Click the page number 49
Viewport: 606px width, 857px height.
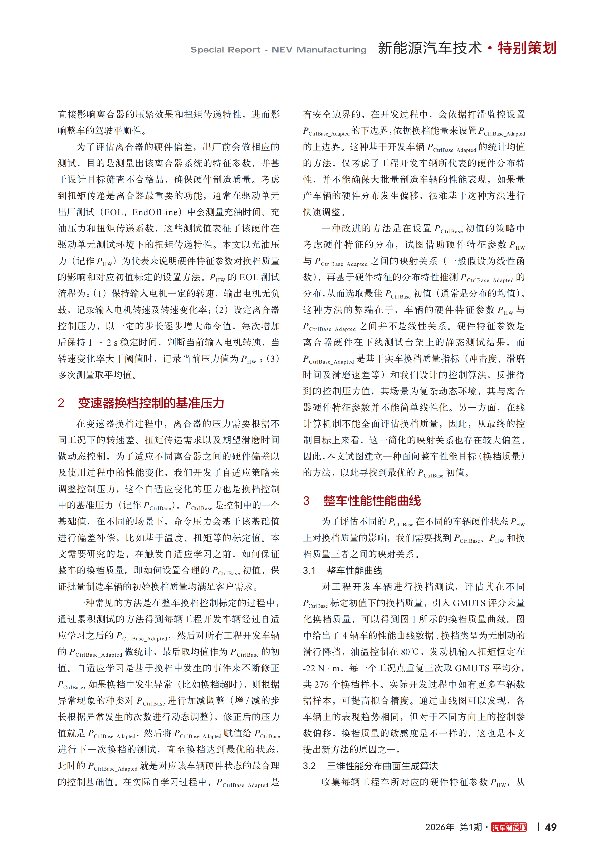click(x=551, y=827)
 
